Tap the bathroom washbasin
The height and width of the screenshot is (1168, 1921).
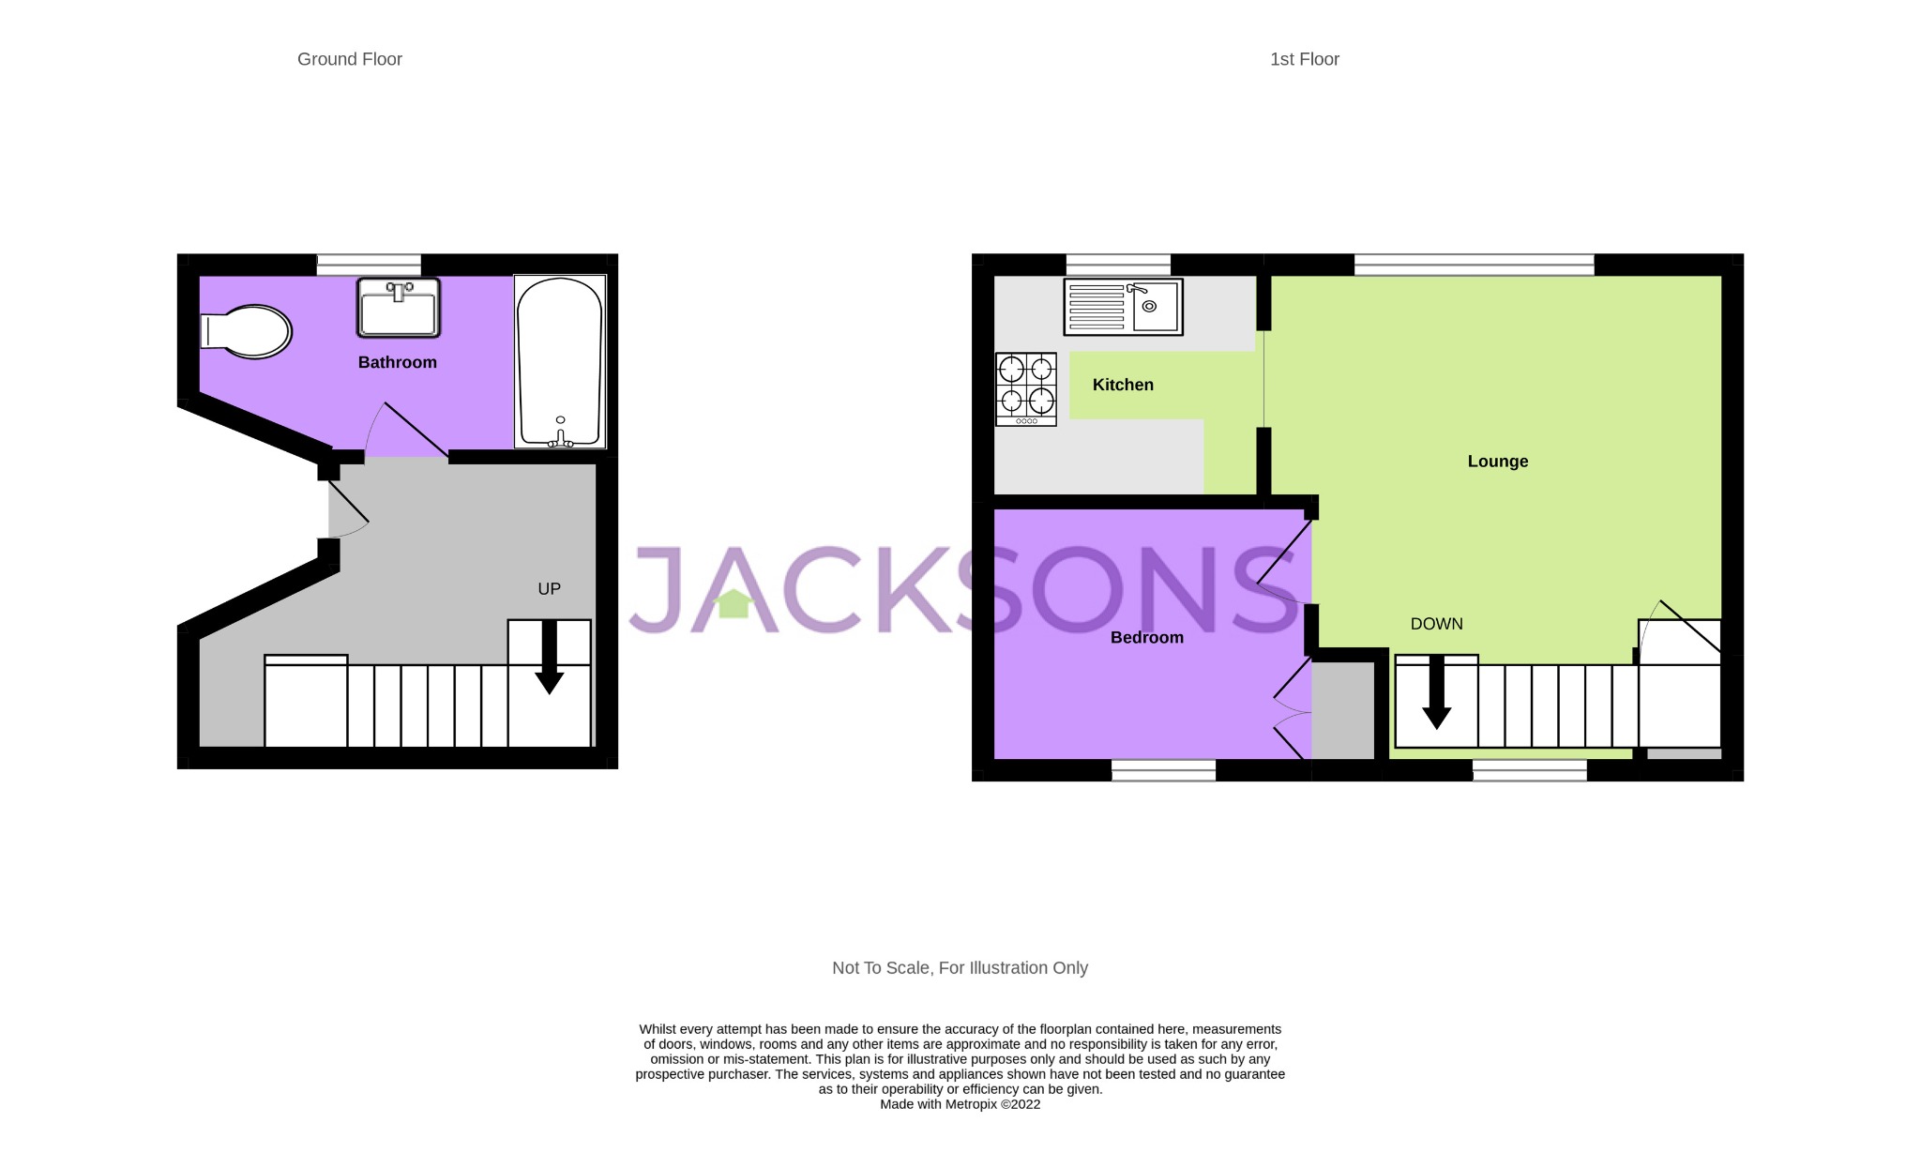pyautogui.click(x=399, y=308)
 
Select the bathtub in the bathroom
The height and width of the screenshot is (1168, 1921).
pyautogui.click(x=560, y=361)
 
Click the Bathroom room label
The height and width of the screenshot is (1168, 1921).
pyautogui.click(x=398, y=362)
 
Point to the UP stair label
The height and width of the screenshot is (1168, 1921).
pyautogui.click(x=549, y=589)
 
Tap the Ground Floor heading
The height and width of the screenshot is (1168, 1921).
pyautogui.click(x=350, y=59)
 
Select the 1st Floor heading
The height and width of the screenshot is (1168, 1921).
pyautogui.click(x=1304, y=59)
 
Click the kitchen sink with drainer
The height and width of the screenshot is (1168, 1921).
pyautogui.click(x=1123, y=307)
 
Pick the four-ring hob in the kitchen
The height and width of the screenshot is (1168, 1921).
pyautogui.click(x=1026, y=388)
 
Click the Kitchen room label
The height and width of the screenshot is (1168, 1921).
pyautogui.click(x=1123, y=385)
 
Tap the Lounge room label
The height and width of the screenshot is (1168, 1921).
pyautogui.click(x=1497, y=462)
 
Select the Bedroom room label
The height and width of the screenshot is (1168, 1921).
pyautogui.click(x=1146, y=638)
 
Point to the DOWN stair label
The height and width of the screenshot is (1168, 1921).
pyautogui.click(x=1436, y=624)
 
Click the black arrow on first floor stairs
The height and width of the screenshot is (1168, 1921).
pyautogui.click(x=1436, y=694)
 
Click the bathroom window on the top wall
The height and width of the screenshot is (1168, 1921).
pyautogui.click(x=368, y=265)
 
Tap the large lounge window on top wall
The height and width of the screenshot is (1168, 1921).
pyautogui.click(x=1474, y=265)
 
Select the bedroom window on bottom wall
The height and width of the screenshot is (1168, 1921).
pyautogui.click(x=1163, y=770)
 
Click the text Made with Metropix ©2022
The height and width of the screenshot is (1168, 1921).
pyautogui.click(x=960, y=1104)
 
